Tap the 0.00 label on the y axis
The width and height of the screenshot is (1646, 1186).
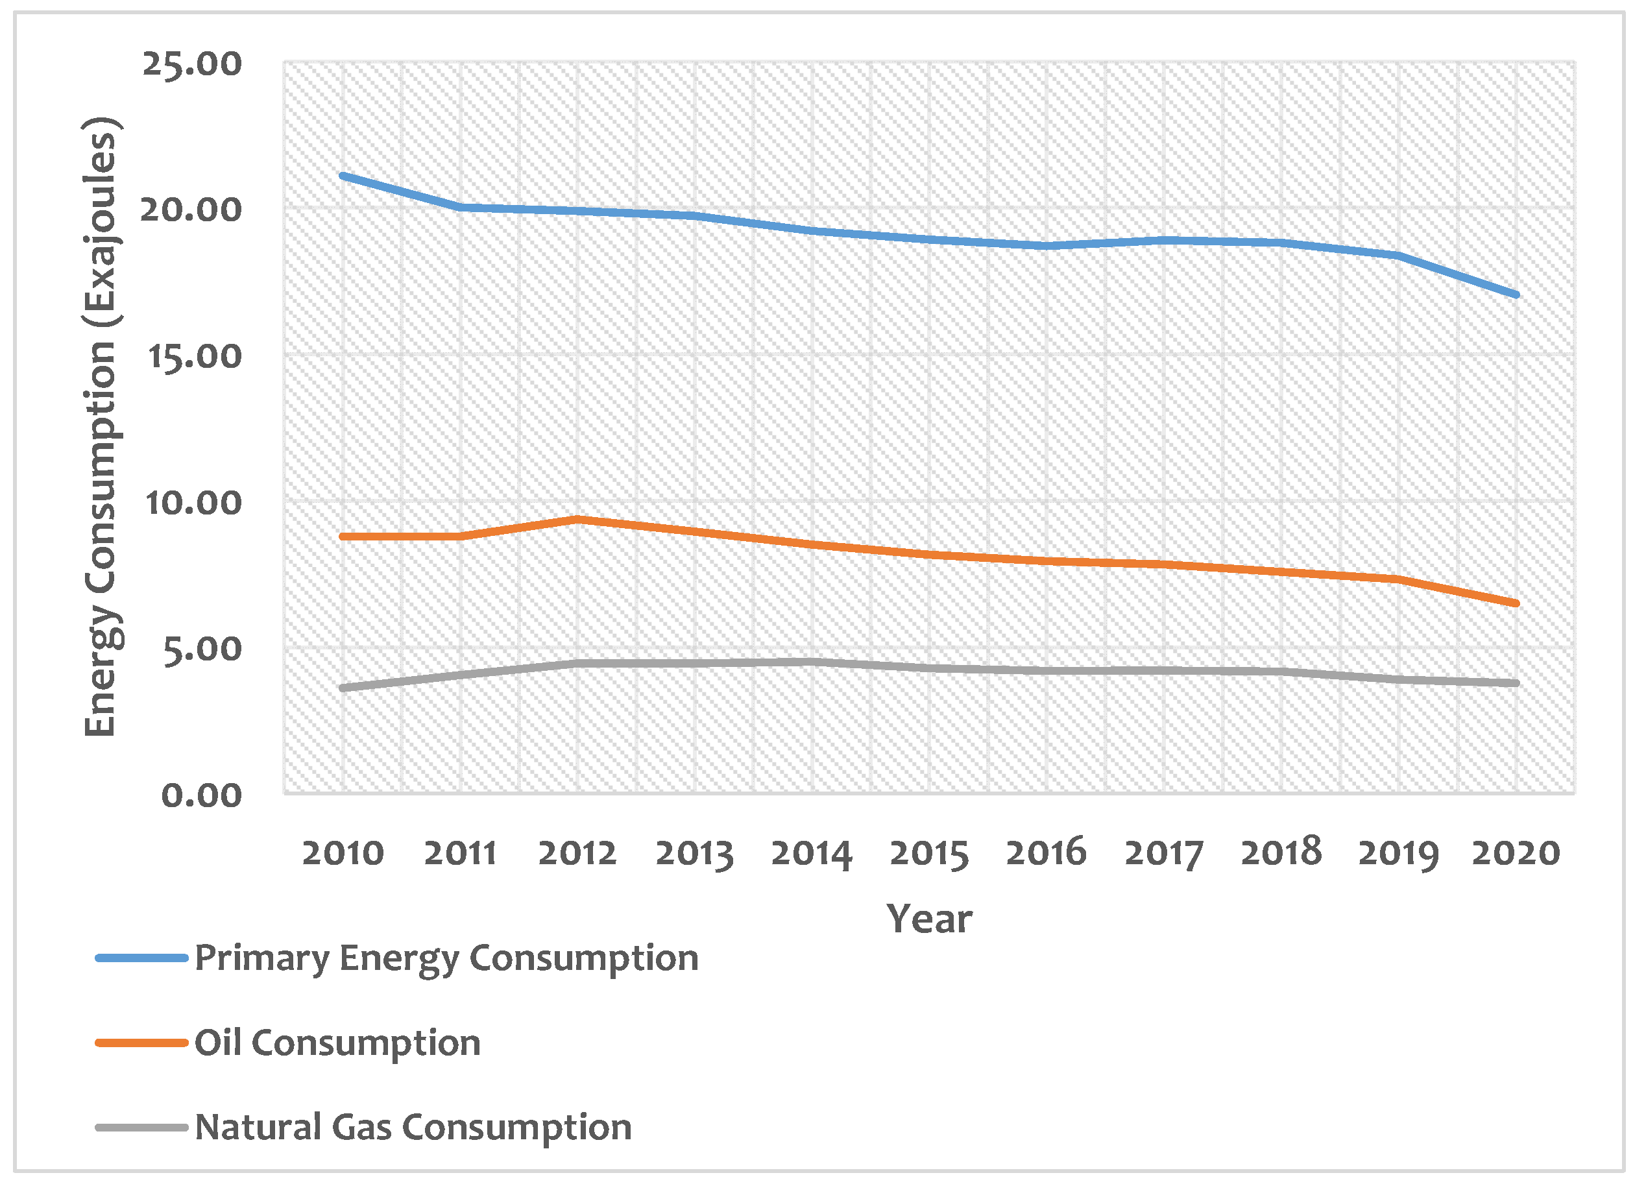tap(201, 795)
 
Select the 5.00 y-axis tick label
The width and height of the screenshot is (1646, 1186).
tap(201, 649)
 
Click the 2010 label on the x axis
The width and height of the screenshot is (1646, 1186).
tap(343, 853)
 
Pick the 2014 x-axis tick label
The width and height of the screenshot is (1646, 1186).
tap(812, 853)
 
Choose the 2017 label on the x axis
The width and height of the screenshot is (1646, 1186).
tap(1163, 853)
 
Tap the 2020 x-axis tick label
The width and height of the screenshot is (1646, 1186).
tap(1516, 853)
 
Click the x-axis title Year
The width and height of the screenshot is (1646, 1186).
tap(929, 919)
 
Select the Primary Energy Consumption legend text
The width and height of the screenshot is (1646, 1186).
tap(446, 958)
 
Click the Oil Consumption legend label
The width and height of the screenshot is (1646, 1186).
tap(337, 1043)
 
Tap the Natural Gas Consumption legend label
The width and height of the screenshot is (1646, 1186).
tap(413, 1127)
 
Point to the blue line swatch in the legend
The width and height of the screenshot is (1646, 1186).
tap(141, 958)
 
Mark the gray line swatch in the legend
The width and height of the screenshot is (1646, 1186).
tap(141, 1127)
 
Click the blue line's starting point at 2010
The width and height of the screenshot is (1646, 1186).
tap(343, 176)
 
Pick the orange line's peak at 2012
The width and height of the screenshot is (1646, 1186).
tap(577, 519)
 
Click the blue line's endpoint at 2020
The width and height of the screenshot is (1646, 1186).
tap(1516, 295)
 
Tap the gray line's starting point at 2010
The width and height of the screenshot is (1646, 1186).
tap(343, 687)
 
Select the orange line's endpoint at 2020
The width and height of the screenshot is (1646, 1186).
tap(1516, 603)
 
